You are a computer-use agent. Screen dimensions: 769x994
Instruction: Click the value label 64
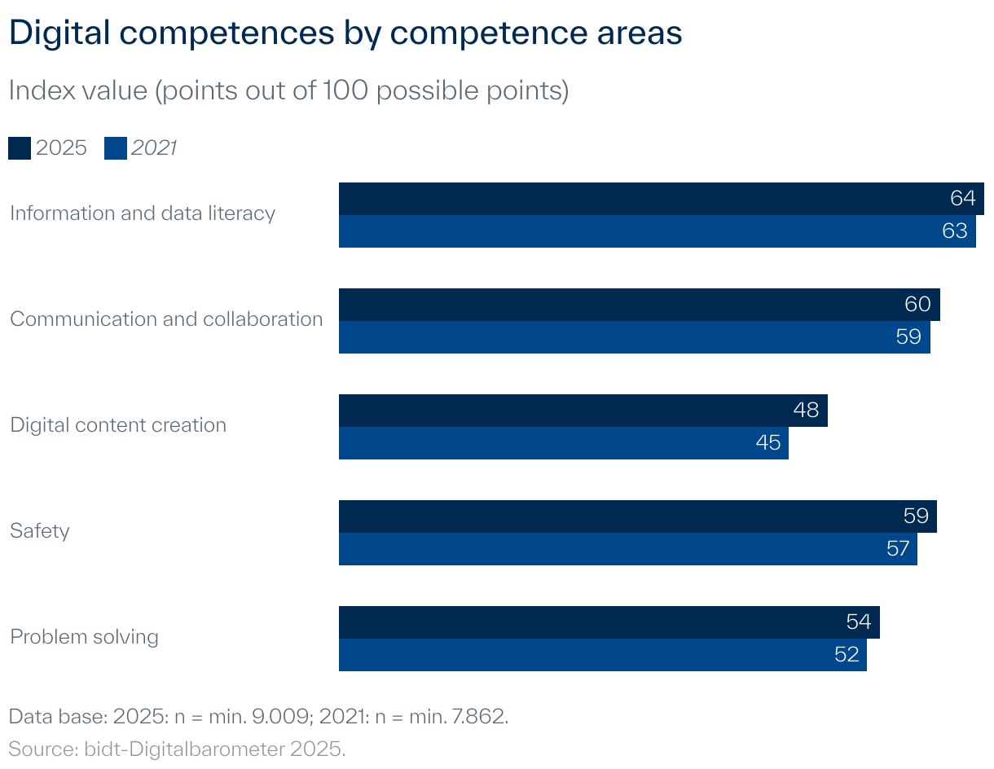[962, 199]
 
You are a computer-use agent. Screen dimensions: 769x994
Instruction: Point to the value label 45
[767, 443]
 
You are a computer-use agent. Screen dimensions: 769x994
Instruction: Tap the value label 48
[806, 410]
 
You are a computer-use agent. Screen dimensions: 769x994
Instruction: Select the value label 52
[847, 655]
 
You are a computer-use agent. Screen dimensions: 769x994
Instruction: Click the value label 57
[897, 549]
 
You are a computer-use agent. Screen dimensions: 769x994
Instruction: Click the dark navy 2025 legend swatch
[20, 148]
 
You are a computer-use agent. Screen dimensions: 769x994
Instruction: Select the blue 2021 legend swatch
[116, 148]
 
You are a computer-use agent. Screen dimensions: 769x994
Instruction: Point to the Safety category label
[40, 531]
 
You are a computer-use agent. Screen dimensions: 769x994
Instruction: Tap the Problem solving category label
[84, 637]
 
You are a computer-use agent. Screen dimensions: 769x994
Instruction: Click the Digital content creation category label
[118, 425]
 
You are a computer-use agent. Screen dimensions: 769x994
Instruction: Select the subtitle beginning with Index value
[288, 90]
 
